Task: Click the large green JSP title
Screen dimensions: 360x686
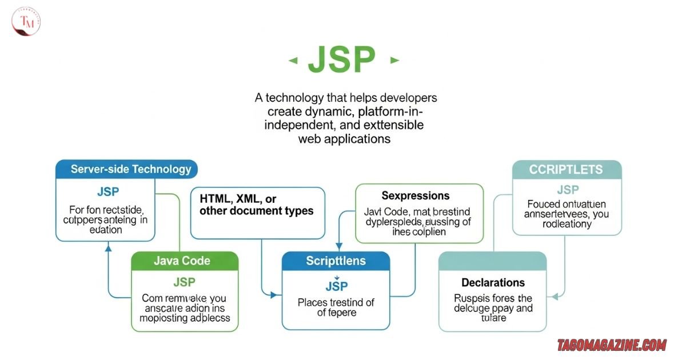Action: pyautogui.click(x=341, y=60)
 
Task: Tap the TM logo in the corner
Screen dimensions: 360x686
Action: pyautogui.click(x=26, y=22)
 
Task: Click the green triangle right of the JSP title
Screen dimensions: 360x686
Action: pyautogui.click(x=393, y=60)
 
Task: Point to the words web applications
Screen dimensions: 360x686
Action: pyautogui.click(x=344, y=139)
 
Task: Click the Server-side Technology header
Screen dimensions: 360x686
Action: pyautogui.click(x=131, y=169)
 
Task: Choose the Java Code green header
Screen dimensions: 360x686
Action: pyautogui.click(x=182, y=261)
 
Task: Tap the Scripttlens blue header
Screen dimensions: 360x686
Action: pyautogui.click(x=336, y=261)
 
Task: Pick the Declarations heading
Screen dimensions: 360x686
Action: pyautogui.click(x=493, y=282)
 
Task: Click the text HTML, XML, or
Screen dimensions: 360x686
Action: pyautogui.click(x=238, y=199)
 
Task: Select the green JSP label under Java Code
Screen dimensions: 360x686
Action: pyautogui.click(x=184, y=282)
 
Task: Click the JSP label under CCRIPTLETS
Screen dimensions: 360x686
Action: pyautogui.click(x=568, y=190)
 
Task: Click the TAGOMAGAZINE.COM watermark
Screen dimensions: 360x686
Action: pyautogui.click(x=612, y=345)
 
